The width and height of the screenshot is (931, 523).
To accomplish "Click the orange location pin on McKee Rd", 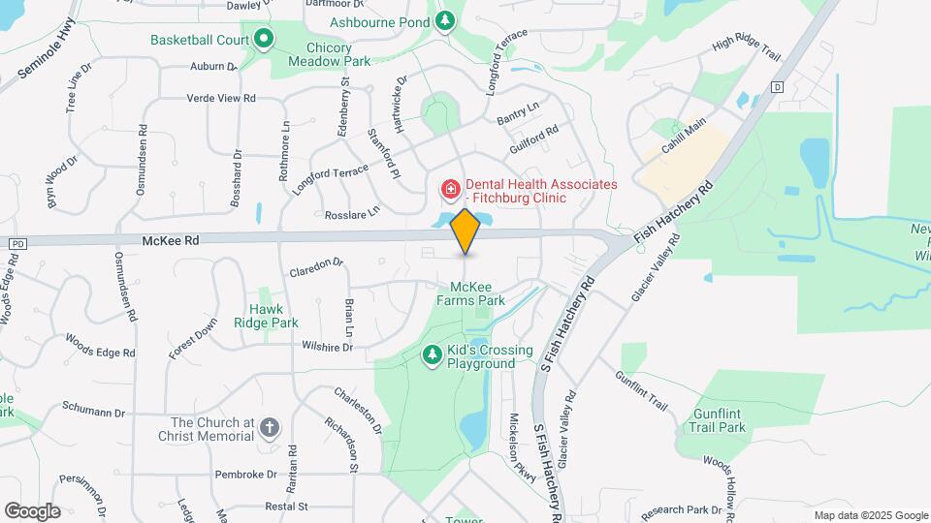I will click(465, 230).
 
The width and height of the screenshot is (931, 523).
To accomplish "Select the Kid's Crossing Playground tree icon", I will click(433, 356).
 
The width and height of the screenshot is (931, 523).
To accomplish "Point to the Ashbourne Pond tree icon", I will click(445, 20).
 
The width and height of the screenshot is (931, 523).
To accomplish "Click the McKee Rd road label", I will click(170, 240).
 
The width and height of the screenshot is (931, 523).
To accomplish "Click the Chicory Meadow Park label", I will click(330, 53).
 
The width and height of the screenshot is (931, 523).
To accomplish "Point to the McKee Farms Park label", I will click(478, 294).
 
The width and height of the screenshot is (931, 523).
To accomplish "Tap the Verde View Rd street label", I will click(221, 98).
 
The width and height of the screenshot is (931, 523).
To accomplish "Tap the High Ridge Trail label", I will click(746, 48).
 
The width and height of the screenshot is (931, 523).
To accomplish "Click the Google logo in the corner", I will click(32, 510).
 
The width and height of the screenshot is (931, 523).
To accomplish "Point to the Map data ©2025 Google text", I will click(870, 515).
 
